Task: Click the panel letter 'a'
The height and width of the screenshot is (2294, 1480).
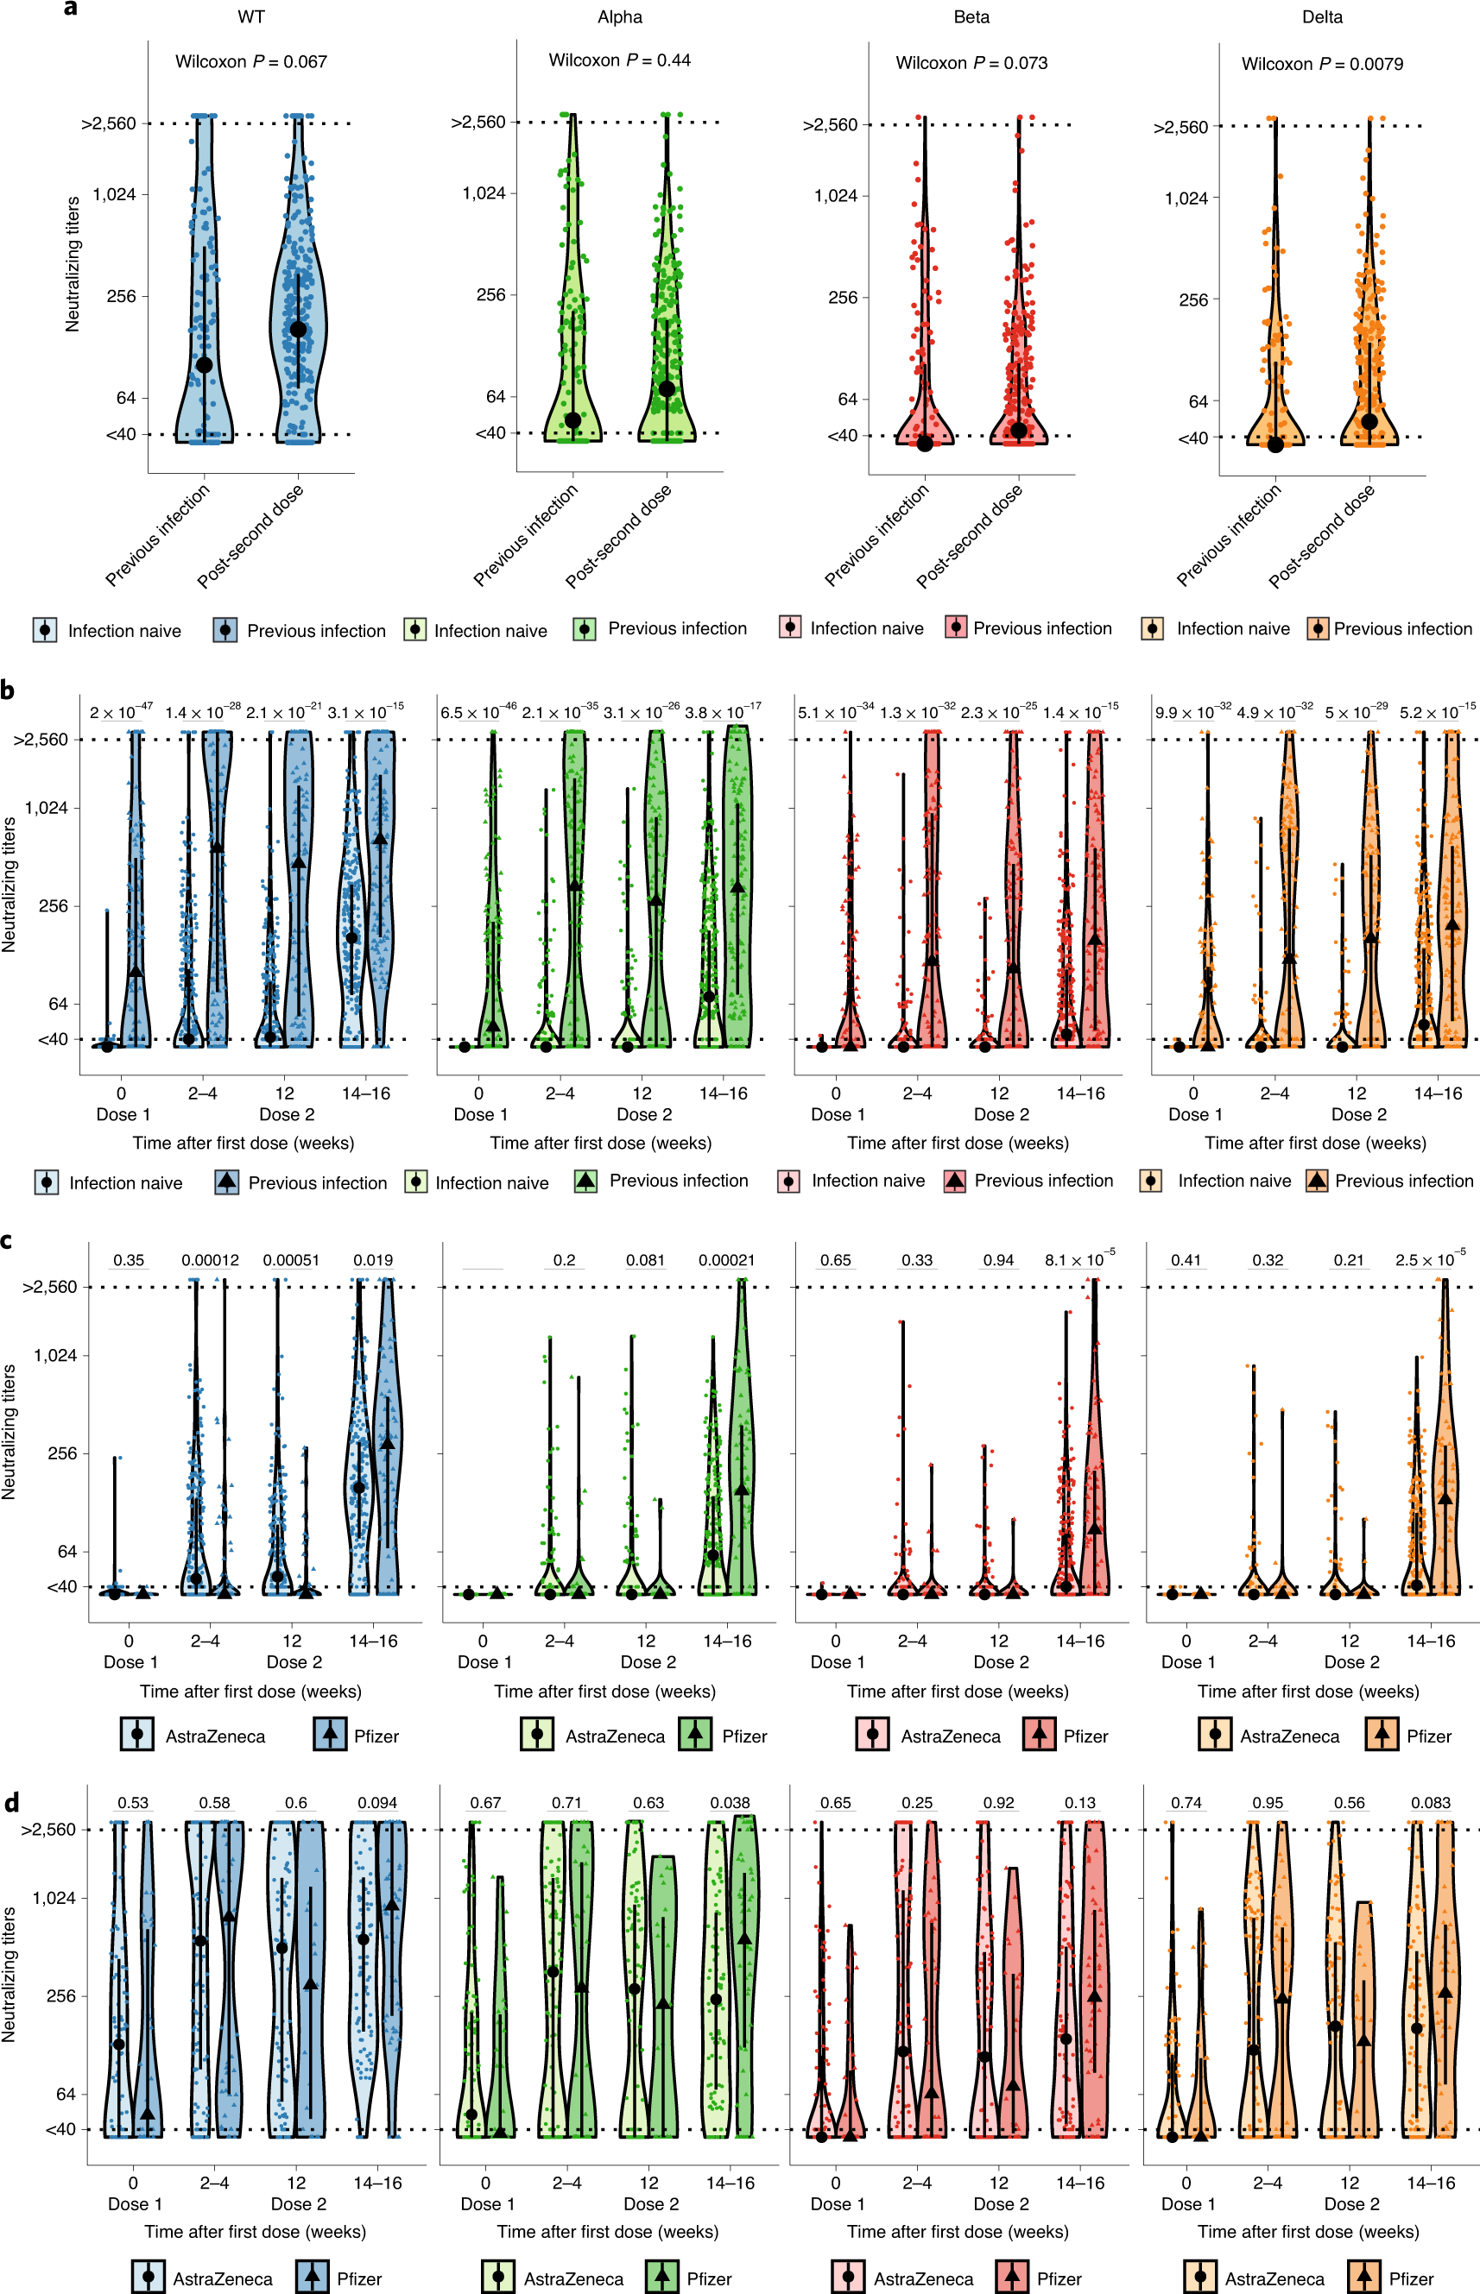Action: tap(70, 9)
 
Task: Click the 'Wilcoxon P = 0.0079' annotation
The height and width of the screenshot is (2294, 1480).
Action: tap(1321, 65)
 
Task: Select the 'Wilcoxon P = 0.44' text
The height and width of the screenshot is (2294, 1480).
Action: tap(619, 60)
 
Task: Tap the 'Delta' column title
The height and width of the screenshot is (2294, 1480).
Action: tap(1321, 17)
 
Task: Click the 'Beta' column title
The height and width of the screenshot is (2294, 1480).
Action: tap(971, 17)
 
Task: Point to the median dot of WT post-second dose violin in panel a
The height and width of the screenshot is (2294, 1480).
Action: tap(298, 330)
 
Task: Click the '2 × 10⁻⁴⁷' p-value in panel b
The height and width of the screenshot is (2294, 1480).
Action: tap(120, 712)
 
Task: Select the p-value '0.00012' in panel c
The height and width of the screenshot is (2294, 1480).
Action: tap(210, 1260)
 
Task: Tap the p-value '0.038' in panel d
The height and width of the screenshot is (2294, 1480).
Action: tap(730, 1803)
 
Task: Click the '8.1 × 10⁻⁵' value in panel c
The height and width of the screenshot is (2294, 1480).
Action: tap(1079, 1259)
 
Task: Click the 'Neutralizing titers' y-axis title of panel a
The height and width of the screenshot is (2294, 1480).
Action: tap(72, 265)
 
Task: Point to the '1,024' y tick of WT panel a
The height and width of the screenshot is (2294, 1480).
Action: tap(114, 195)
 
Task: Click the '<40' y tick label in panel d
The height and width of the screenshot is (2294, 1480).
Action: tap(60, 2130)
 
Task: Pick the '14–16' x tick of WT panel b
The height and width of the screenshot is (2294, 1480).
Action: tap(365, 1093)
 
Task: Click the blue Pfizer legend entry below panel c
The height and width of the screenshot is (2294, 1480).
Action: tap(357, 1736)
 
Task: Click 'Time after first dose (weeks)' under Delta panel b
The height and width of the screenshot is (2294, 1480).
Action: tap(1315, 1144)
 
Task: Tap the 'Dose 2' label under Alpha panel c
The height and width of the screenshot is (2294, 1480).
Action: tap(648, 1662)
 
